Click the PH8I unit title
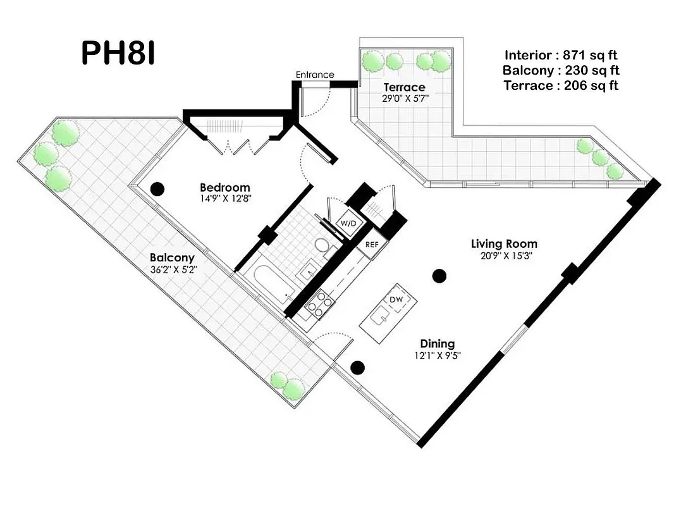[x=118, y=54]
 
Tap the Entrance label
[x=314, y=75]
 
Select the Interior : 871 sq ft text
[x=561, y=54]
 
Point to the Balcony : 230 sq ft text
[x=561, y=70]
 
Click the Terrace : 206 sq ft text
[x=561, y=85]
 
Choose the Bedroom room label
[x=224, y=187]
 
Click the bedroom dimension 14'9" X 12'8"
[x=224, y=198]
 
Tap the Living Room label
[x=504, y=244]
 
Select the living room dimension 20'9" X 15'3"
[x=504, y=255]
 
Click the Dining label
[x=437, y=343]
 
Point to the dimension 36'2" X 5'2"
[x=172, y=269]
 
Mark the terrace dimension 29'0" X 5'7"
[x=404, y=98]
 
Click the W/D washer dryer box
[x=348, y=224]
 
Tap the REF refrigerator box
[x=371, y=244]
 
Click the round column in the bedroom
[x=157, y=188]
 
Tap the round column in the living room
[x=439, y=275]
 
